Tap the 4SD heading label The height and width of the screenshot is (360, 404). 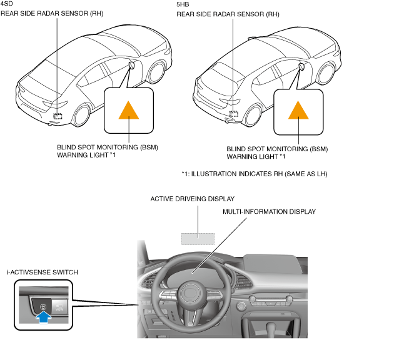7,4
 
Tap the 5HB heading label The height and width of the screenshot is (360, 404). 183,4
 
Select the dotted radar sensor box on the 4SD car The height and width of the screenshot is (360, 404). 58,116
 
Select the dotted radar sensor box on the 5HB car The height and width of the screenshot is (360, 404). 234,114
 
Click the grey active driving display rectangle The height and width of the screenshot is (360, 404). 198,238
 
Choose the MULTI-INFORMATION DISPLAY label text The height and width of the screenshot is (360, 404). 269,212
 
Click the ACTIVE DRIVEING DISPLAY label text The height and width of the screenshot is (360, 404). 192,199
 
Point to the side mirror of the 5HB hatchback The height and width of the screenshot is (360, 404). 302,66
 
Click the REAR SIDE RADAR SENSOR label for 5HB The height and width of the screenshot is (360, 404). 228,14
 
